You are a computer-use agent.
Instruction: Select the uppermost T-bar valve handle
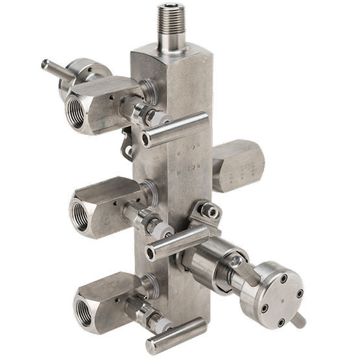point(175,129)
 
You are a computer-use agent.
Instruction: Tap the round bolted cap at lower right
point(271,291)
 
